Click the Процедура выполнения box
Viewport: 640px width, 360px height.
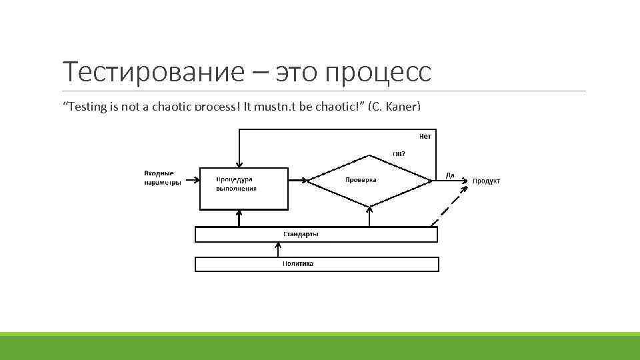point(244,188)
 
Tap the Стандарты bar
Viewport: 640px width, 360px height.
point(316,235)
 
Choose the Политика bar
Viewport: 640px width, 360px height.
point(316,264)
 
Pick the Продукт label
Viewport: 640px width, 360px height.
point(486,181)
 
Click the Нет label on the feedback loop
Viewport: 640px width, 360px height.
point(425,136)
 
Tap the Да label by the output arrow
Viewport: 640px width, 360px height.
point(450,175)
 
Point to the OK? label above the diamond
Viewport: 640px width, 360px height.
point(399,153)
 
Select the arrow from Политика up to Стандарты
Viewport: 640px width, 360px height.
point(279,249)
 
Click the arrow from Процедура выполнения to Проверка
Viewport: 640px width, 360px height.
point(299,179)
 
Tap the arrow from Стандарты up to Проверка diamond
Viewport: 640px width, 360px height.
point(369,216)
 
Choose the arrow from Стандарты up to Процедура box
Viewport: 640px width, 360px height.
point(238,218)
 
